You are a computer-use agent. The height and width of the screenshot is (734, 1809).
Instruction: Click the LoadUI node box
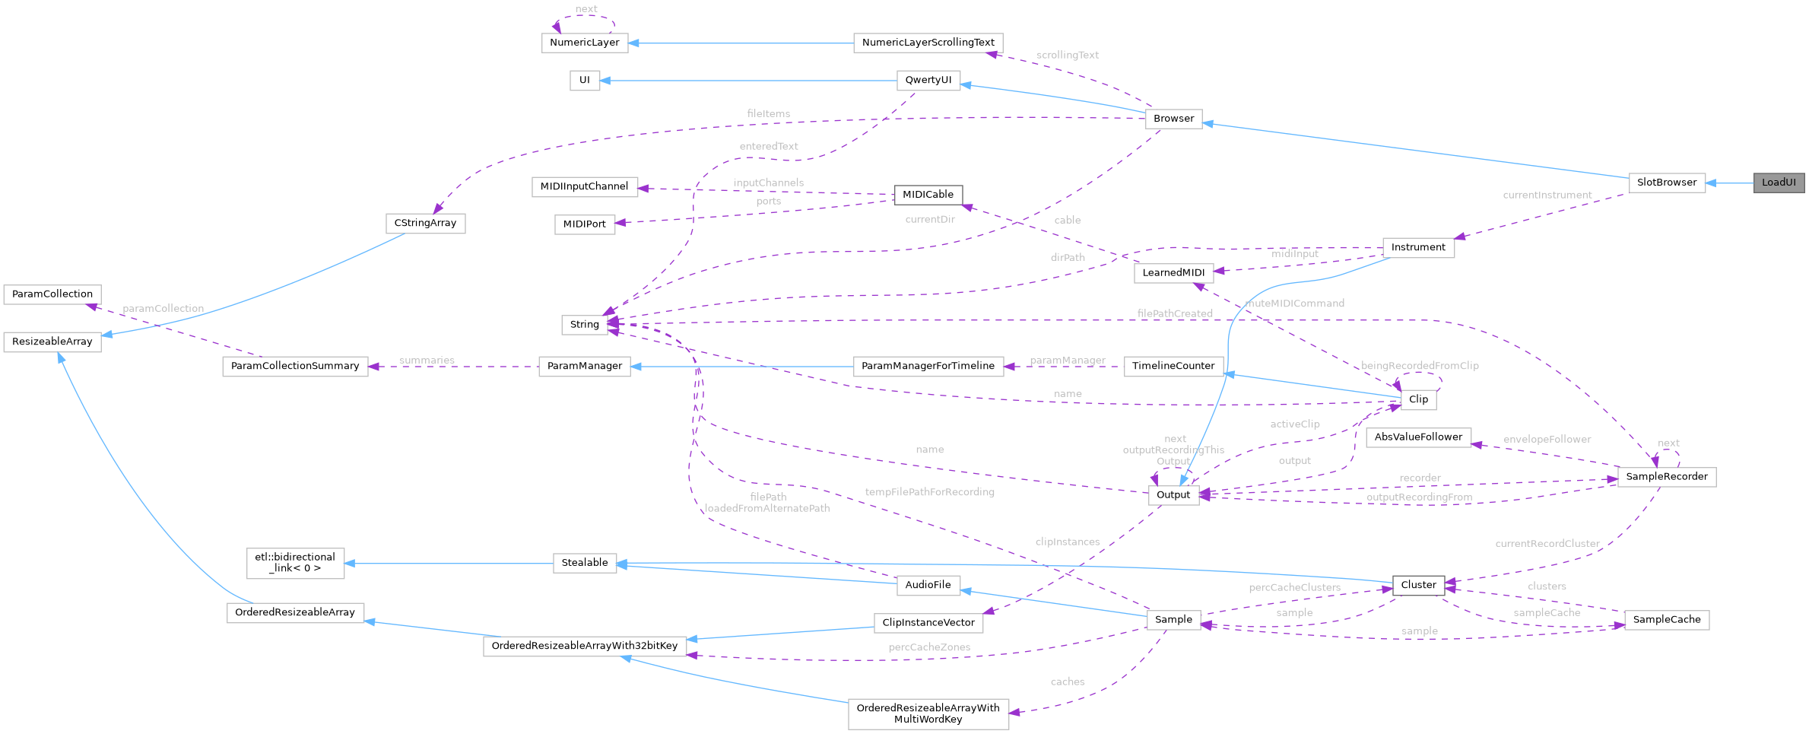tap(1779, 183)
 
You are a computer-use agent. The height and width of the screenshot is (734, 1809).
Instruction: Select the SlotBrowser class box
tap(1666, 183)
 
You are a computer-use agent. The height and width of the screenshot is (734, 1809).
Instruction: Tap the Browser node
tap(1173, 119)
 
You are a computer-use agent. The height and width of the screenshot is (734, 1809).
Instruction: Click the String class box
tap(584, 325)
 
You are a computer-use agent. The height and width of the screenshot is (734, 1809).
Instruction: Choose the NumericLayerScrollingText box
tap(928, 43)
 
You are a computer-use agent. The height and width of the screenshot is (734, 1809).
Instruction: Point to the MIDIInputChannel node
tap(584, 186)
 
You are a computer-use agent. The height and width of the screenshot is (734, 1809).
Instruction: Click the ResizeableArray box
tap(52, 342)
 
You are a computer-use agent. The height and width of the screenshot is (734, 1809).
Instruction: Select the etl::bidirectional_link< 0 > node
tap(295, 563)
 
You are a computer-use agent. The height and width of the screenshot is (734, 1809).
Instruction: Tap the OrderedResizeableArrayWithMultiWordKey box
tap(928, 713)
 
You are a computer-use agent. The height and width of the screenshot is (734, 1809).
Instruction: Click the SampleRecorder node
tap(1666, 477)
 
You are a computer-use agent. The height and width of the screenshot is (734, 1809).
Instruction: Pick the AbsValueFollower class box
tap(1418, 437)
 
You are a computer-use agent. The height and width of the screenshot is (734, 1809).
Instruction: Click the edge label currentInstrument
tap(1547, 195)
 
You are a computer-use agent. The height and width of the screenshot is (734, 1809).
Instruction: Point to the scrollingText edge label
tap(1067, 56)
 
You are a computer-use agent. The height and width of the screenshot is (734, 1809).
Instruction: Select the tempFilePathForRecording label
tap(929, 493)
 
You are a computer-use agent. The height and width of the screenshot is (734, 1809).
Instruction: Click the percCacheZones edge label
tap(929, 647)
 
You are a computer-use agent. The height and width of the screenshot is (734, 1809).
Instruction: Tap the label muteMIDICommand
tap(1294, 303)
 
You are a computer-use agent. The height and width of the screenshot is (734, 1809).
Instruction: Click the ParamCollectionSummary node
tap(295, 366)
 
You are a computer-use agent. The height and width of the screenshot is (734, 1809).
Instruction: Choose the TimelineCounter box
tap(1173, 366)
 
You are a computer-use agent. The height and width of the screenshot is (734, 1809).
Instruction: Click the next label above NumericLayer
tap(586, 9)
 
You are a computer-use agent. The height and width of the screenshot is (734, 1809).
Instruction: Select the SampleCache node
tap(1666, 620)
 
